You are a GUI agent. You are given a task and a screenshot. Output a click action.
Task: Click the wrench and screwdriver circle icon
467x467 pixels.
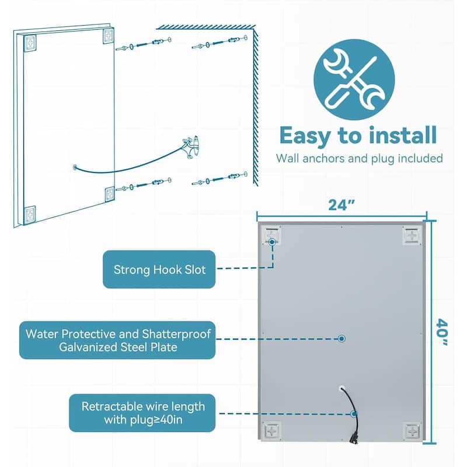pyautogui.click(x=354, y=79)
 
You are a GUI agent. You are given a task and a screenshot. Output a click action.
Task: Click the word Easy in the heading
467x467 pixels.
pyautogui.click(x=305, y=136)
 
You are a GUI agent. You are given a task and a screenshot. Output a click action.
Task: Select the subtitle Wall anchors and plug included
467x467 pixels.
pyautogui.click(x=359, y=158)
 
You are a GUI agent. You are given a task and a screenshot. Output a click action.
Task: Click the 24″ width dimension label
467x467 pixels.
pyautogui.click(x=341, y=205)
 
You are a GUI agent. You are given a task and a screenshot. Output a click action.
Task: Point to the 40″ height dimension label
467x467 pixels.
pyautogui.click(x=442, y=332)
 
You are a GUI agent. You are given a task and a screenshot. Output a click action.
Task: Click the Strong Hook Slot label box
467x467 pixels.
pyautogui.click(x=159, y=269)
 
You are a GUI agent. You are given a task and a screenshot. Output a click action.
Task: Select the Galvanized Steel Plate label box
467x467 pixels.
pyautogui.click(x=117, y=340)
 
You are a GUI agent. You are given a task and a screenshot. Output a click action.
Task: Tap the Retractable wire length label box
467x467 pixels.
pyautogui.click(x=142, y=413)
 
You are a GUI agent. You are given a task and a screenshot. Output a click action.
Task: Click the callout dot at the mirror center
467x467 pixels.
pyautogui.click(x=341, y=339)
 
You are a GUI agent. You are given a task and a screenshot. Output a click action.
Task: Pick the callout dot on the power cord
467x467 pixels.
pyautogui.click(x=354, y=414)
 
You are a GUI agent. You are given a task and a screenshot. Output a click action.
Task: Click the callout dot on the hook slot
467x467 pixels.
pyautogui.click(x=271, y=242)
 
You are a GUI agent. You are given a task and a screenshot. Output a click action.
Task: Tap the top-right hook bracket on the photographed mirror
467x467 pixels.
pyautogui.click(x=412, y=236)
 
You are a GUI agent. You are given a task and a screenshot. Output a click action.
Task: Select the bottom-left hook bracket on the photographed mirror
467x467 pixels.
pyautogui.click(x=271, y=431)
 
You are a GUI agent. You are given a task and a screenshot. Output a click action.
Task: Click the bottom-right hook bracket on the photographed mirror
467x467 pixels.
pyautogui.click(x=412, y=431)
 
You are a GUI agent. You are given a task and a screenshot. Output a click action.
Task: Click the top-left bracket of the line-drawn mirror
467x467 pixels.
pyautogui.click(x=30, y=43)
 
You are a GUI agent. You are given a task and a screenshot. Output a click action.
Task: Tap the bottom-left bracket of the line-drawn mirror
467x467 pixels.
pyautogui.click(x=30, y=214)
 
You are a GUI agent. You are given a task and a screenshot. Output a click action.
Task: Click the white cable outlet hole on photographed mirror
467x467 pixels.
pyautogui.click(x=341, y=388)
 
